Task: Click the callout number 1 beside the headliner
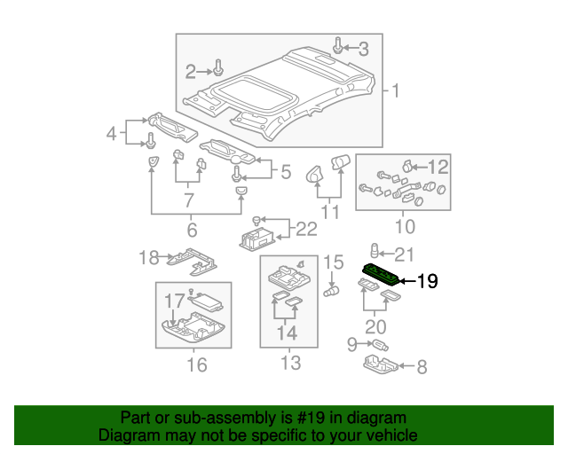[x=395, y=90]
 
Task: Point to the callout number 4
[x=111, y=134]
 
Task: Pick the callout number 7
[x=422, y=364]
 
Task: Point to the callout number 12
[x=289, y=363]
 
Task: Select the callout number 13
[x=332, y=262]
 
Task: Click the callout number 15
[x=196, y=364]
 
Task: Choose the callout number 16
[x=147, y=258]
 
